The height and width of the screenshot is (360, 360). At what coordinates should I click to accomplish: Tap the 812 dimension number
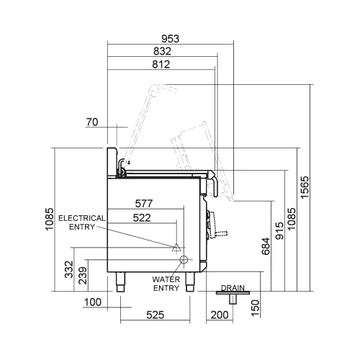(161, 65)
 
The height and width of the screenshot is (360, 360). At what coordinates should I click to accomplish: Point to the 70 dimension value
(91, 122)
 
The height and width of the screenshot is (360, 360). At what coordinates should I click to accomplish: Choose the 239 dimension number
(82, 276)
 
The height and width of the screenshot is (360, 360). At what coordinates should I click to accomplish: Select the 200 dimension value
(219, 315)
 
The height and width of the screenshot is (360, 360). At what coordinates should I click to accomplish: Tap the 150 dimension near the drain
(254, 307)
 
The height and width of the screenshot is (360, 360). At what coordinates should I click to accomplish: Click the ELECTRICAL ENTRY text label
(81, 222)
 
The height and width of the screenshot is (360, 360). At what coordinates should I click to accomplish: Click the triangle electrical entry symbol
(174, 247)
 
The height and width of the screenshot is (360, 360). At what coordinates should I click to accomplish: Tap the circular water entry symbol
(184, 259)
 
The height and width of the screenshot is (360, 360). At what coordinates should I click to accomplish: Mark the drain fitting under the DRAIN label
(233, 293)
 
